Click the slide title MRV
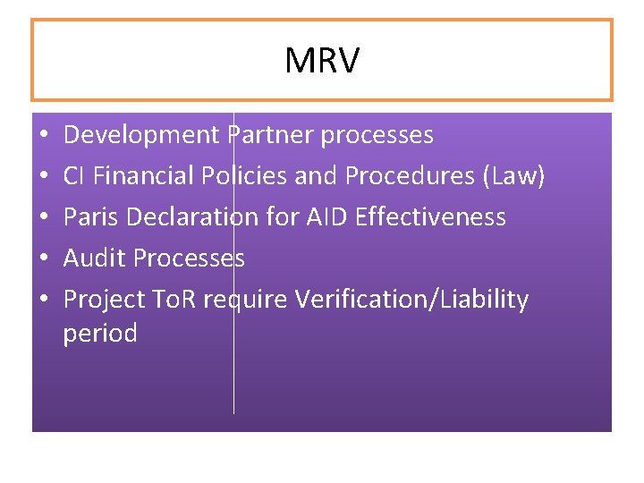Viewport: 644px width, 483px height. coord(322,61)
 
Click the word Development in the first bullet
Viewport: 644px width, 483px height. coord(141,135)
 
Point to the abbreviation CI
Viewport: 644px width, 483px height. coord(74,176)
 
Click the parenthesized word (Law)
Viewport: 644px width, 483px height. coord(513,176)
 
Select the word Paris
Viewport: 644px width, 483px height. coord(89,217)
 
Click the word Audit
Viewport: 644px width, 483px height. coord(95,258)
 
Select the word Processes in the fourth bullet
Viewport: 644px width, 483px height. coord(189,258)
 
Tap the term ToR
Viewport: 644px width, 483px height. coord(174,300)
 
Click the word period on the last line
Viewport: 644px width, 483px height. coord(100,335)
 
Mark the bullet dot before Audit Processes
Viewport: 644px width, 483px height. coord(42,259)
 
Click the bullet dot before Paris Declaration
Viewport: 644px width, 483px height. coord(42,218)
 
